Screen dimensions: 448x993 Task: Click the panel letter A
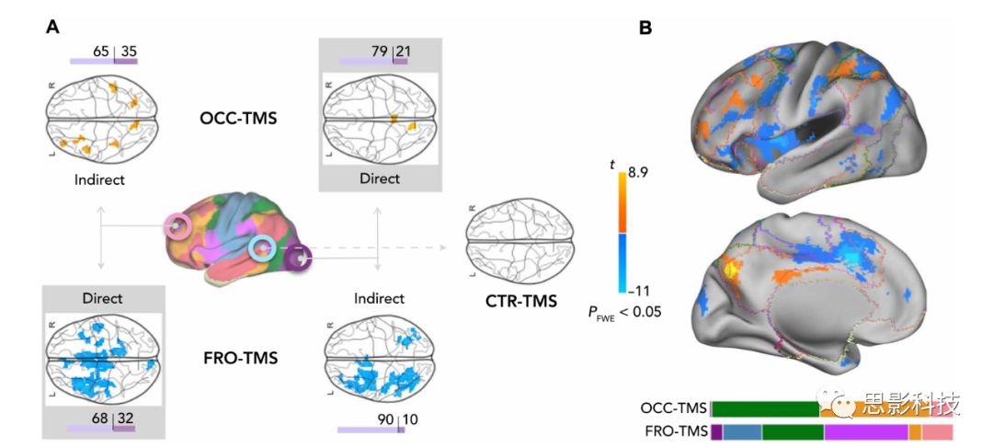[x=53, y=28]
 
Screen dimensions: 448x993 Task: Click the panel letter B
[x=645, y=28]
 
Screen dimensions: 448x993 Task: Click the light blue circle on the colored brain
[x=262, y=247]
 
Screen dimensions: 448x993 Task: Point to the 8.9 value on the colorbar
[x=640, y=171]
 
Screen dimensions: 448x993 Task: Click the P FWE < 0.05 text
[x=624, y=312]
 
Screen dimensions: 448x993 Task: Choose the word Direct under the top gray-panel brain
[x=380, y=178]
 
